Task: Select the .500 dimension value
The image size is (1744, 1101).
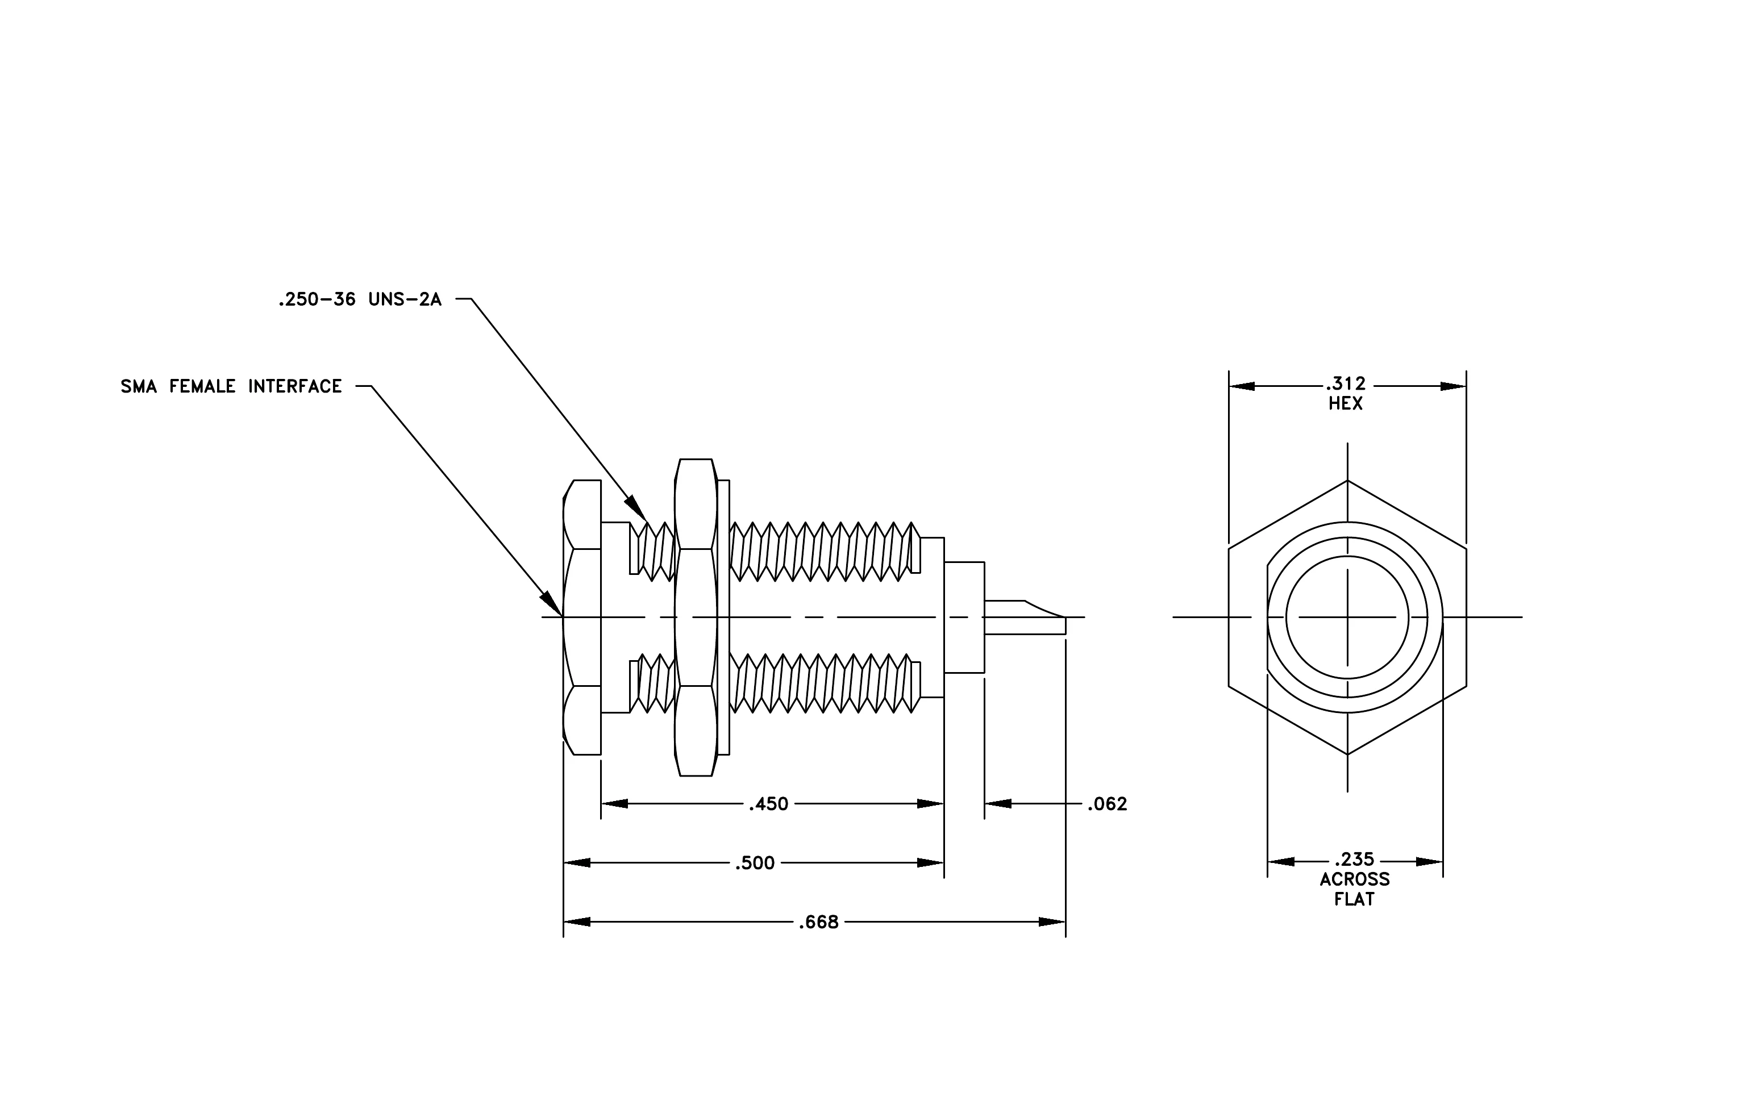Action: [755, 864]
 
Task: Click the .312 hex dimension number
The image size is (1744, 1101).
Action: [1346, 383]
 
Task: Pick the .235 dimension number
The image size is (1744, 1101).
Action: [1354, 859]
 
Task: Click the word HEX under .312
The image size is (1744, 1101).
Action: [1346, 404]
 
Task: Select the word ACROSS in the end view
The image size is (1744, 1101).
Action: [1354, 879]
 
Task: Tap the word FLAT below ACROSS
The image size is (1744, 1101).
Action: [1354, 900]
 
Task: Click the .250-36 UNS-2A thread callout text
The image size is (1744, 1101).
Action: [360, 300]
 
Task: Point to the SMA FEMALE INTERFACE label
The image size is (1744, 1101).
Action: [231, 386]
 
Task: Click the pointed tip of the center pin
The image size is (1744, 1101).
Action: [1065, 618]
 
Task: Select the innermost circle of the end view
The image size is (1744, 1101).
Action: [1347, 618]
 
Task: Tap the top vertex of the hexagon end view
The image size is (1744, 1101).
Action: [1347, 481]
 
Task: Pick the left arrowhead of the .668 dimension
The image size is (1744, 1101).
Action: [577, 922]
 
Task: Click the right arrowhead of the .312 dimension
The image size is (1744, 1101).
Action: [1453, 386]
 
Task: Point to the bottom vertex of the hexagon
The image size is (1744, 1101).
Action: [1347, 755]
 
